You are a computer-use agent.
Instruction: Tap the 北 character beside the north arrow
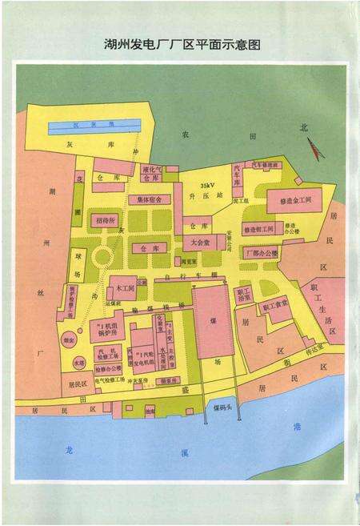tap(303, 128)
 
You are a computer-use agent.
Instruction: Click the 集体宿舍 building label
tap(149, 199)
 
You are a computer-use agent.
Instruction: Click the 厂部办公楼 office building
tap(261, 253)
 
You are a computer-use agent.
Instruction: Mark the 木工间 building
tap(123, 285)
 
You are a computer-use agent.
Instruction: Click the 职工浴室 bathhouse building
tap(245, 294)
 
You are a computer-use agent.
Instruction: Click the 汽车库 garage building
tap(238, 176)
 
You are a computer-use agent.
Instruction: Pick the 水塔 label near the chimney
tap(78, 363)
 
